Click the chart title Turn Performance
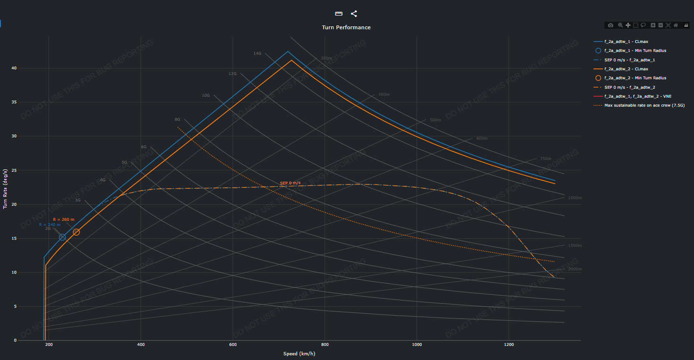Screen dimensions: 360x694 (346, 27)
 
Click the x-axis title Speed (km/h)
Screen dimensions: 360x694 (299, 354)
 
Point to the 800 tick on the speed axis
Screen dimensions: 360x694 (325, 345)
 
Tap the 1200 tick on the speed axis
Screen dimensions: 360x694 (509, 345)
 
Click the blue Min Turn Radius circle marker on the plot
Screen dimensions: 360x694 (62, 237)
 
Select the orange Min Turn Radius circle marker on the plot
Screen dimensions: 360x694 (76, 232)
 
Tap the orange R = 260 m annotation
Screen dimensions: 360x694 (64, 219)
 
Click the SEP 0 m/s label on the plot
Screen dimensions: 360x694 (290, 183)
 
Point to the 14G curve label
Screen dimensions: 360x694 (257, 53)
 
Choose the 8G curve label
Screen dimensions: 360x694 (177, 119)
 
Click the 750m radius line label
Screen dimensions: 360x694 (545, 159)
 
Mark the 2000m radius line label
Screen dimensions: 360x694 (575, 269)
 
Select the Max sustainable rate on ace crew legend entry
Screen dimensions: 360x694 (644, 105)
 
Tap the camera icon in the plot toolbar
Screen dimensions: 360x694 (610, 25)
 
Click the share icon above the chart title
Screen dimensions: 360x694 (354, 14)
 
